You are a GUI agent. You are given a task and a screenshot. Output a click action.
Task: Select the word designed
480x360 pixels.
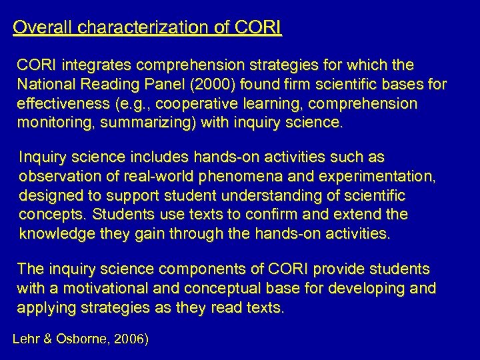pyautogui.click(x=47, y=196)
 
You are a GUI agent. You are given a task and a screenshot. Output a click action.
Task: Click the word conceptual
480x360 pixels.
pyautogui.click(x=231, y=289)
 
